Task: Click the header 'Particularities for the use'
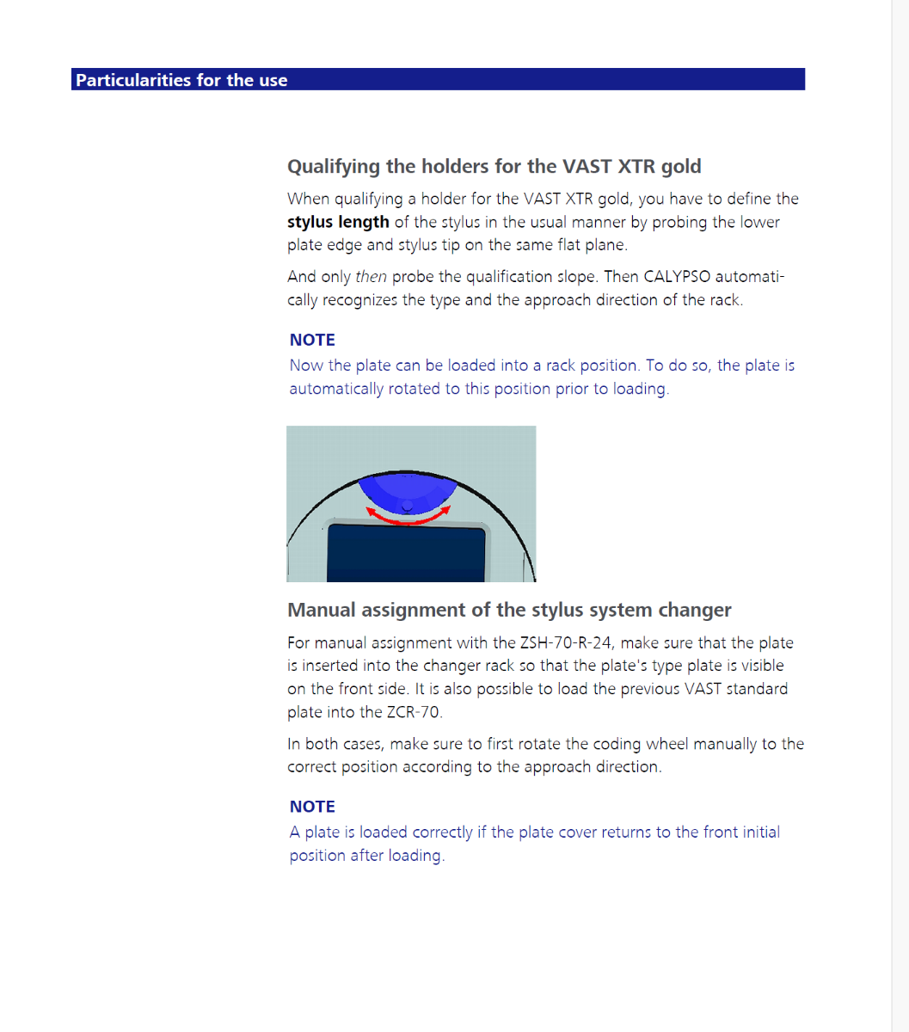tap(181, 80)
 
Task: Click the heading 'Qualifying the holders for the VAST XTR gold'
tap(494, 166)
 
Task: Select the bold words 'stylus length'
tap(338, 222)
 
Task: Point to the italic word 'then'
tap(371, 277)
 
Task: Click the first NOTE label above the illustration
tap(312, 340)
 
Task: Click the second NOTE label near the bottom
tap(312, 807)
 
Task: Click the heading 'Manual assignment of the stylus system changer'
tap(509, 610)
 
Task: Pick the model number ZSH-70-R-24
tap(569, 643)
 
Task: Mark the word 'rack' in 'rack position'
tap(560, 365)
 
